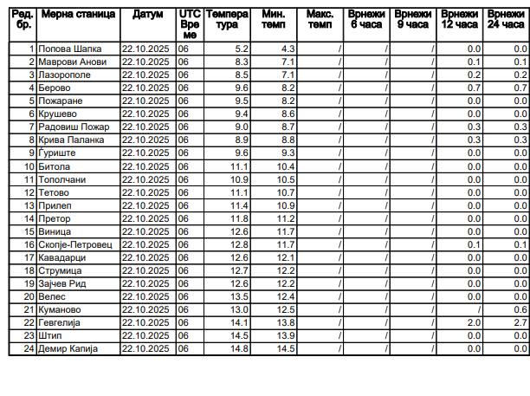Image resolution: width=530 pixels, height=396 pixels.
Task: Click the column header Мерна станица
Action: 78,16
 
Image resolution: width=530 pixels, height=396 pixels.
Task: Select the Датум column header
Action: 147,16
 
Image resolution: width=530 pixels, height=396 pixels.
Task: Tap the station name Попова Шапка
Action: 65,49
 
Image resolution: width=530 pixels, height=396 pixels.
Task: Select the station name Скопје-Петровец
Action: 75,244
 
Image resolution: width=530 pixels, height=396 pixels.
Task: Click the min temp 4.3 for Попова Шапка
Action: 286,49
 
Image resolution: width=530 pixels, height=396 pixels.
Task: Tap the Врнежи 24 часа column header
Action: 505,20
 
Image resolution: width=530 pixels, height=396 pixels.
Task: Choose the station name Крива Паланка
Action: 71,140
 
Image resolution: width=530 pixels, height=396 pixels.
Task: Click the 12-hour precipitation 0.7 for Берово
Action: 473,88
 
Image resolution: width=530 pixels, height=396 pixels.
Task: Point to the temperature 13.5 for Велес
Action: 239,296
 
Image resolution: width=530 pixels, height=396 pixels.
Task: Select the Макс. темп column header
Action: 320,20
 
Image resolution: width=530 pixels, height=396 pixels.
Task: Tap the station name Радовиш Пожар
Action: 74,127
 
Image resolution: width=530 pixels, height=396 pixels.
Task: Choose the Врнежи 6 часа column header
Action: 365,20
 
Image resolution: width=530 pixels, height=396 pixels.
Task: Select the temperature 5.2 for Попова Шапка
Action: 241,49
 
